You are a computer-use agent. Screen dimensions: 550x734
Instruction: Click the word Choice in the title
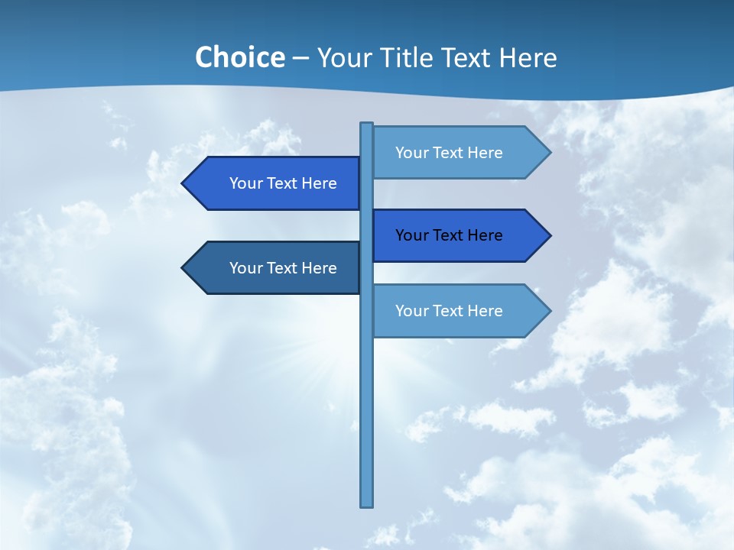point(239,57)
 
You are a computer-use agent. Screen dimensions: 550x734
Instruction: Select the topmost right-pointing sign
point(451,153)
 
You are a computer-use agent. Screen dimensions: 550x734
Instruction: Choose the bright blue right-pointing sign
point(451,235)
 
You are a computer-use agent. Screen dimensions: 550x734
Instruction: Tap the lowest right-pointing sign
point(451,311)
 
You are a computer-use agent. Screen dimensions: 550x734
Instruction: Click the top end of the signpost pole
point(367,125)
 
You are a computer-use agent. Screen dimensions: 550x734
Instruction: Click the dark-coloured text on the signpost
point(449,235)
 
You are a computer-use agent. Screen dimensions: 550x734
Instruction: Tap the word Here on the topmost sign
point(485,153)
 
